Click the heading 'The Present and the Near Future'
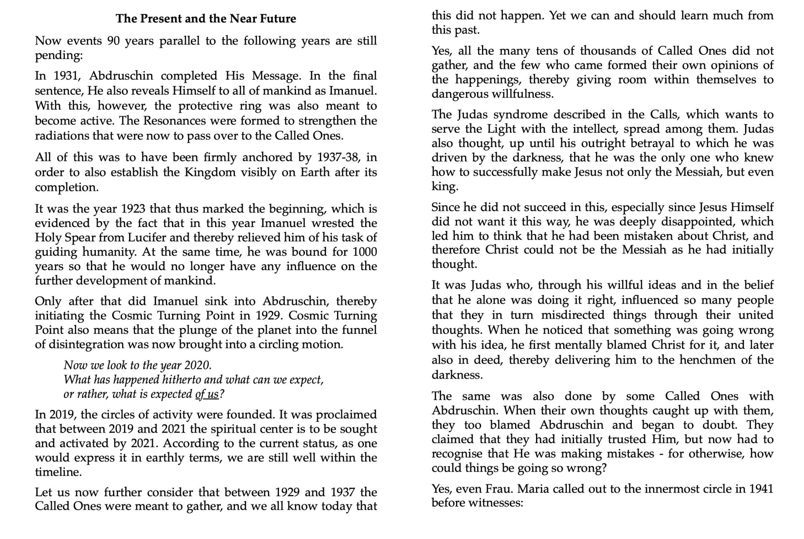click(x=206, y=19)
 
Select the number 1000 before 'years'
click(x=365, y=252)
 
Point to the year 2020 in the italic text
click(x=197, y=365)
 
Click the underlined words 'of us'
click(x=207, y=395)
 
